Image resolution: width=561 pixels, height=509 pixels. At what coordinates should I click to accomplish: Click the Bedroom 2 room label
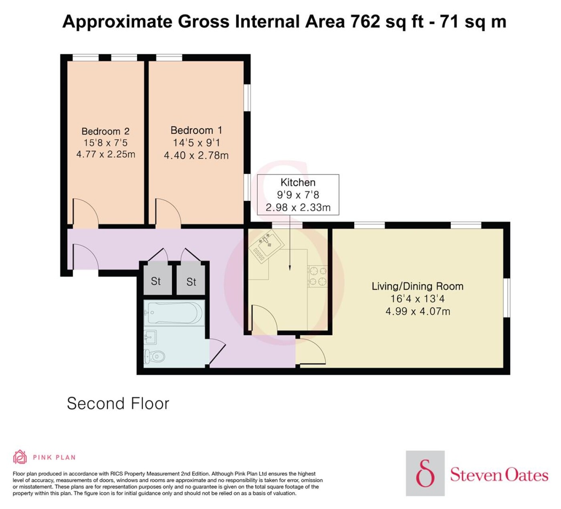[x=105, y=131]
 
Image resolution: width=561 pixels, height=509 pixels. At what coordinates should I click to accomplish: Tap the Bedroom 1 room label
[x=196, y=130]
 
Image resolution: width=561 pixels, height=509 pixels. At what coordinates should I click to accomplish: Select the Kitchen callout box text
[x=298, y=195]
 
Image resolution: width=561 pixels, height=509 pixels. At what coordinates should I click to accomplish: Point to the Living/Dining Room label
[x=418, y=286]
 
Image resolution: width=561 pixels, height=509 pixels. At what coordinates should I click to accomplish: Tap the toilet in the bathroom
[x=154, y=356]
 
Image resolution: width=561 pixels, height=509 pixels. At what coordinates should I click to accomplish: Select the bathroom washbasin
[x=150, y=337]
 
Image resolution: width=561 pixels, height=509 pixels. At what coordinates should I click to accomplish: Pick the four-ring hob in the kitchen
[x=317, y=276]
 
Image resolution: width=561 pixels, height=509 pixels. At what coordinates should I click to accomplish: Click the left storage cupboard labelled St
[x=156, y=281]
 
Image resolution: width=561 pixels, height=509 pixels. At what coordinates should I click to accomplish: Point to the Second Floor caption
[x=118, y=403]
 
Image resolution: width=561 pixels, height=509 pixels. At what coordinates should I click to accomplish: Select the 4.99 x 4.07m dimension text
[x=418, y=311]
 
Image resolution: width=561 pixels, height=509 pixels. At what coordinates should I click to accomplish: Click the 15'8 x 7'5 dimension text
[x=105, y=143]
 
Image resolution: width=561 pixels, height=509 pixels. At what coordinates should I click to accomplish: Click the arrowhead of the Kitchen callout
[x=289, y=268]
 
